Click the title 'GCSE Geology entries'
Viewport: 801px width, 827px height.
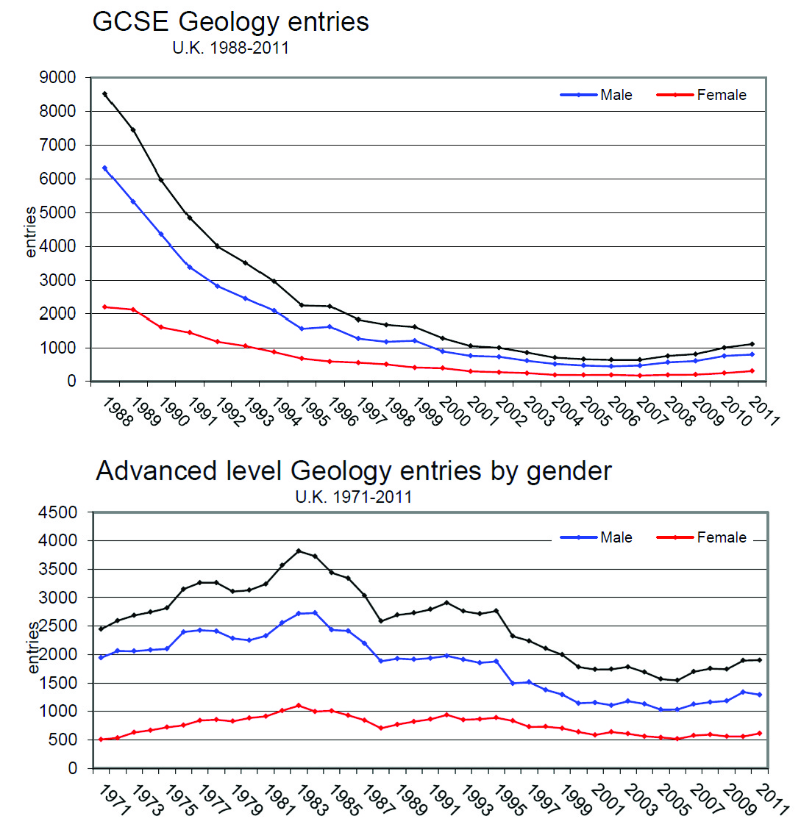coord(231,22)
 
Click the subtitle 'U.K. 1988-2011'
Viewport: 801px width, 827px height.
coord(231,48)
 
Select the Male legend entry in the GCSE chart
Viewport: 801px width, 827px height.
coord(596,95)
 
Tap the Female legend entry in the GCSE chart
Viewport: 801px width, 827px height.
coord(701,95)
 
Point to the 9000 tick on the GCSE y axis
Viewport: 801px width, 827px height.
coord(57,77)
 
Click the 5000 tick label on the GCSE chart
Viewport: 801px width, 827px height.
coord(57,212)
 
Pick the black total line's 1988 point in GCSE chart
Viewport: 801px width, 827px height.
coord(105,94)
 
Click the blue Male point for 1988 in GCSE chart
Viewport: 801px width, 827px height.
coord(105,168)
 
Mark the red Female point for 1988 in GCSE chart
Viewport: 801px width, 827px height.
coord(105,307)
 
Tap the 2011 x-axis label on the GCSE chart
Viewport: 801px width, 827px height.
coord(763,412)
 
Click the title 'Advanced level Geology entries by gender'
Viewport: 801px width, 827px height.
coord(354,470)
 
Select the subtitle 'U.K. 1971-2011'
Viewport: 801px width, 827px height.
coord(354,497)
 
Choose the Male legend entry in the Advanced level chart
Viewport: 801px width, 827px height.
coord(596,537)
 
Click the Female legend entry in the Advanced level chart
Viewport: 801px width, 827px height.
coord(701,537)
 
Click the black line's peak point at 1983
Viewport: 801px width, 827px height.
coord(299,551)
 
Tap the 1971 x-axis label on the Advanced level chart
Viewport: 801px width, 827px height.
coord(113,800)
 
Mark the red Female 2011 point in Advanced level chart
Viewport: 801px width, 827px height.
coord(760,733)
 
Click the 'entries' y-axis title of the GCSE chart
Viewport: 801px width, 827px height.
coord(31,232)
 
